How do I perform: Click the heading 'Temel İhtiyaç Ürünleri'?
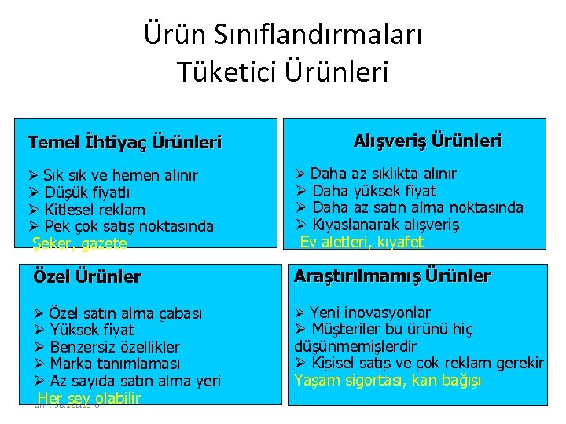124,143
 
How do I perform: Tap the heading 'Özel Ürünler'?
87,276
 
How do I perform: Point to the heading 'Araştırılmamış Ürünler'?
392,276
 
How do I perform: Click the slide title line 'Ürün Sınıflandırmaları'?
283,35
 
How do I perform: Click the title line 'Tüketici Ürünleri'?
283,72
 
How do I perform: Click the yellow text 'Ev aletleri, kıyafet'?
362,242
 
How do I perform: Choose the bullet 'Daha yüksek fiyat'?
374,191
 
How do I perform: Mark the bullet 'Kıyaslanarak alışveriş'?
386,225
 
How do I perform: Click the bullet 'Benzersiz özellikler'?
115,347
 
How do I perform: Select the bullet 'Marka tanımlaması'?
115,364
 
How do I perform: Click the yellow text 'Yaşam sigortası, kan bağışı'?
388,381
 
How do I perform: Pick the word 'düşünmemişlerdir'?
355,346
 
